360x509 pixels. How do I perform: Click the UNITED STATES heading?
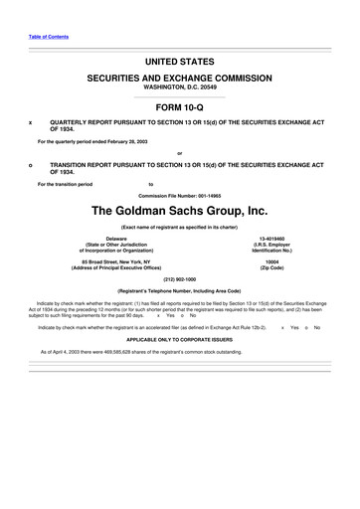pyautogui.click(x=180, y=62)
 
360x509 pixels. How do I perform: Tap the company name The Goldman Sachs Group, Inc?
pyautogui.click(x=180, y=211)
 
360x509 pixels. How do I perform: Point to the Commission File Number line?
pyautogui.click(x=180, y=196)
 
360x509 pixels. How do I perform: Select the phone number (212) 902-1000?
pyautogui.click(x=180, y=279)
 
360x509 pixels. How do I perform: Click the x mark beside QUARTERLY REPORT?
pyautogui.click(x=31, y=123)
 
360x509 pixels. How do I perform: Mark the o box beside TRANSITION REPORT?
pyautogui.click(x=31, y=164)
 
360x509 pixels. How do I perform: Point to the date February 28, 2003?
pyautogui.click(x=129, y=142)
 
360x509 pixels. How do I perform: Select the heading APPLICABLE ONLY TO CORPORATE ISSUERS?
pyautogui.click(x=180, y=339)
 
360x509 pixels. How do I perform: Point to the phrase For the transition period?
pyautogui.click(x=65, y=184)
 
